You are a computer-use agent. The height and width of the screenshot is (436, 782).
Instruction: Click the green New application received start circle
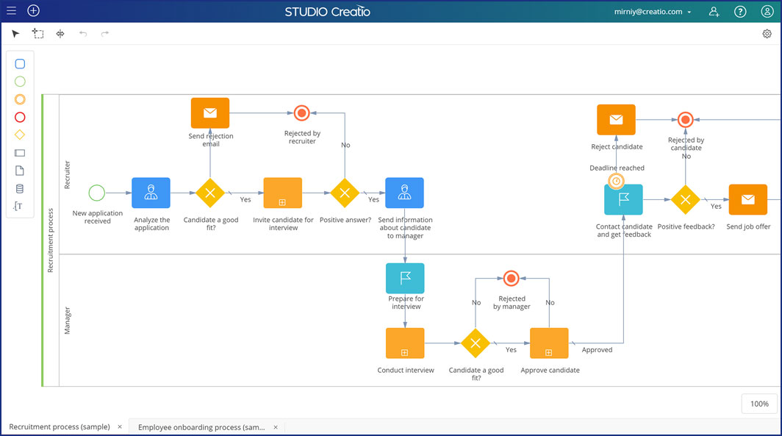coord(97,193)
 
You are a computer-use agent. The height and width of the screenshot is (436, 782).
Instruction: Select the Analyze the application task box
coord(151,193)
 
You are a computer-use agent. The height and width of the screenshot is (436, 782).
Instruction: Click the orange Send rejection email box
coord(210,112)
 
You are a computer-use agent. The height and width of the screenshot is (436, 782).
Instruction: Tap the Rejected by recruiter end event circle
coord(302,113)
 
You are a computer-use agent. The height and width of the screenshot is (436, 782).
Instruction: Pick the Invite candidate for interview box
coord(283,193)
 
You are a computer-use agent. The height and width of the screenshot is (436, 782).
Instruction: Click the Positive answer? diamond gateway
coord(345,193)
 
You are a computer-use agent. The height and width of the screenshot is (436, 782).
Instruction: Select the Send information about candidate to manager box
coord(404,193)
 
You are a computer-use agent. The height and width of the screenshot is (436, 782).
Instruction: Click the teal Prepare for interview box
coord(405,278)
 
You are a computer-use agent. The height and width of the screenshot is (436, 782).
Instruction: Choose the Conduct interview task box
coord(405,343)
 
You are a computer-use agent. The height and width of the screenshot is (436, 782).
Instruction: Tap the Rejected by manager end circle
coord(512,279)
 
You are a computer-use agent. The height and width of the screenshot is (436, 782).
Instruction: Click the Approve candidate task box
coord(549,343)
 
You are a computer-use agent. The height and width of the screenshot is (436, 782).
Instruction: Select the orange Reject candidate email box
coord(617,120)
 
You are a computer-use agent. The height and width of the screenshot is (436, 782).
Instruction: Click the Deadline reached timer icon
coord(617,181)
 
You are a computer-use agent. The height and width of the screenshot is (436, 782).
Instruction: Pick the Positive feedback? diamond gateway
coord(686,199)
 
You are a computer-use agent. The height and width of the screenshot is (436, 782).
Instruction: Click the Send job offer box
coord(748,199)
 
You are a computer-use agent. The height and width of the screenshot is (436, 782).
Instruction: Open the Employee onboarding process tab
coord(201,427)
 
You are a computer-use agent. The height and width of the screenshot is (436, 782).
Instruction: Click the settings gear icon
coord(767,34)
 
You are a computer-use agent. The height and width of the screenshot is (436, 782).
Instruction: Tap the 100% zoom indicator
coord(759,404)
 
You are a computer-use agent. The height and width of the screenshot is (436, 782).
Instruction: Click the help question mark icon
coord(740,12)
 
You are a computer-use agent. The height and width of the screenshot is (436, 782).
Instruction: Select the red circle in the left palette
coord(20,117)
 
